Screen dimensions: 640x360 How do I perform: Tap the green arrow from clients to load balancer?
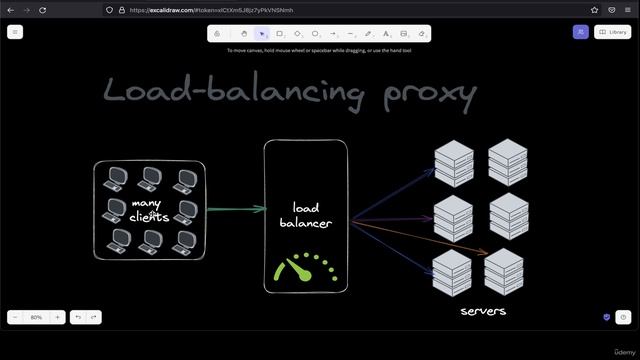(235, 210)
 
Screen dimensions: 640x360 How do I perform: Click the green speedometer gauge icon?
(306, 268)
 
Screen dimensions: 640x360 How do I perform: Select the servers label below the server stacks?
(483, 311)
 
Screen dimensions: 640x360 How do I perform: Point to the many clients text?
(149, 210)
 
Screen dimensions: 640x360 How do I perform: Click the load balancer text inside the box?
(305, 215)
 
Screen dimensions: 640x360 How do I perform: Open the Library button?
(613, 32)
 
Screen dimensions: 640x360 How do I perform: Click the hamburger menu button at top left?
(15, 32)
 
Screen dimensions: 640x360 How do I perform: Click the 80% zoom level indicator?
(36, 317)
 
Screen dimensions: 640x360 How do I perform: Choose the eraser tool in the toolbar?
(422, 33)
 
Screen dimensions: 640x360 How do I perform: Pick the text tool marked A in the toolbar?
(387, 33)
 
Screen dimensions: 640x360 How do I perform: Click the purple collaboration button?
(580, 32)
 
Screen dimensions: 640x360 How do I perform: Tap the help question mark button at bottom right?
(623, 317)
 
